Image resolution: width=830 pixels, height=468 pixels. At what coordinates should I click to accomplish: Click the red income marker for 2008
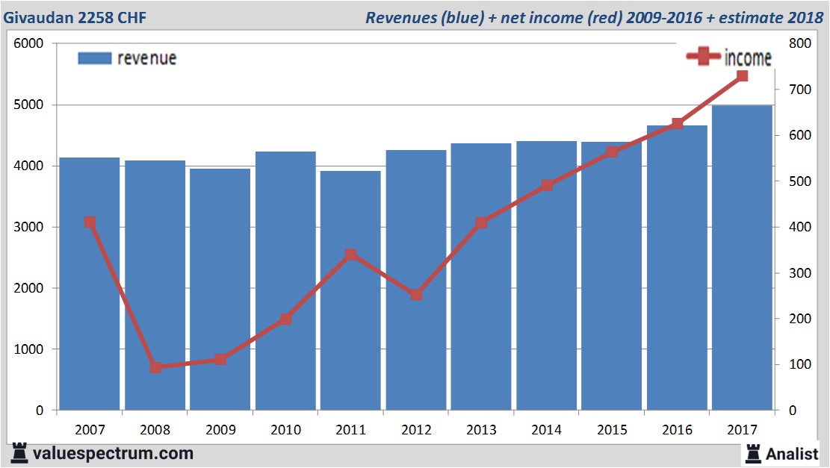coord(155,367)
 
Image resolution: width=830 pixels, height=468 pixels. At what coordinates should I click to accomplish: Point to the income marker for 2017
coord(742,76)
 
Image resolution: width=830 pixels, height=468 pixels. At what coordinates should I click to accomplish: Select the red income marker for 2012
coord(416,295)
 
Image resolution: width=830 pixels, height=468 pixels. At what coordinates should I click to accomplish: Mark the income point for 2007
coord(90,222)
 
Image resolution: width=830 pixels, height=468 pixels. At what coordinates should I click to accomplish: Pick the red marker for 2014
coord(547,185)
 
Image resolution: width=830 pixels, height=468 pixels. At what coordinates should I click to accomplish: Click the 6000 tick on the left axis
coord(30,44)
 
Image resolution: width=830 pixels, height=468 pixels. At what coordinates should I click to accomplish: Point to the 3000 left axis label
coord(30,227)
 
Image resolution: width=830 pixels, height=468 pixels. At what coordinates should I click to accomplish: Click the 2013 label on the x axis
coord(481,430)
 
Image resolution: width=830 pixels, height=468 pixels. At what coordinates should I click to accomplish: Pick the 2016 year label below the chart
coord(677,430)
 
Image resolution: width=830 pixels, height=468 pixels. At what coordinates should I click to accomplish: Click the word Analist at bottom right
coord(792,453)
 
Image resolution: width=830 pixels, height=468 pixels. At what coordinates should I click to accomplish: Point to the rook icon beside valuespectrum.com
coord(19,452)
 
